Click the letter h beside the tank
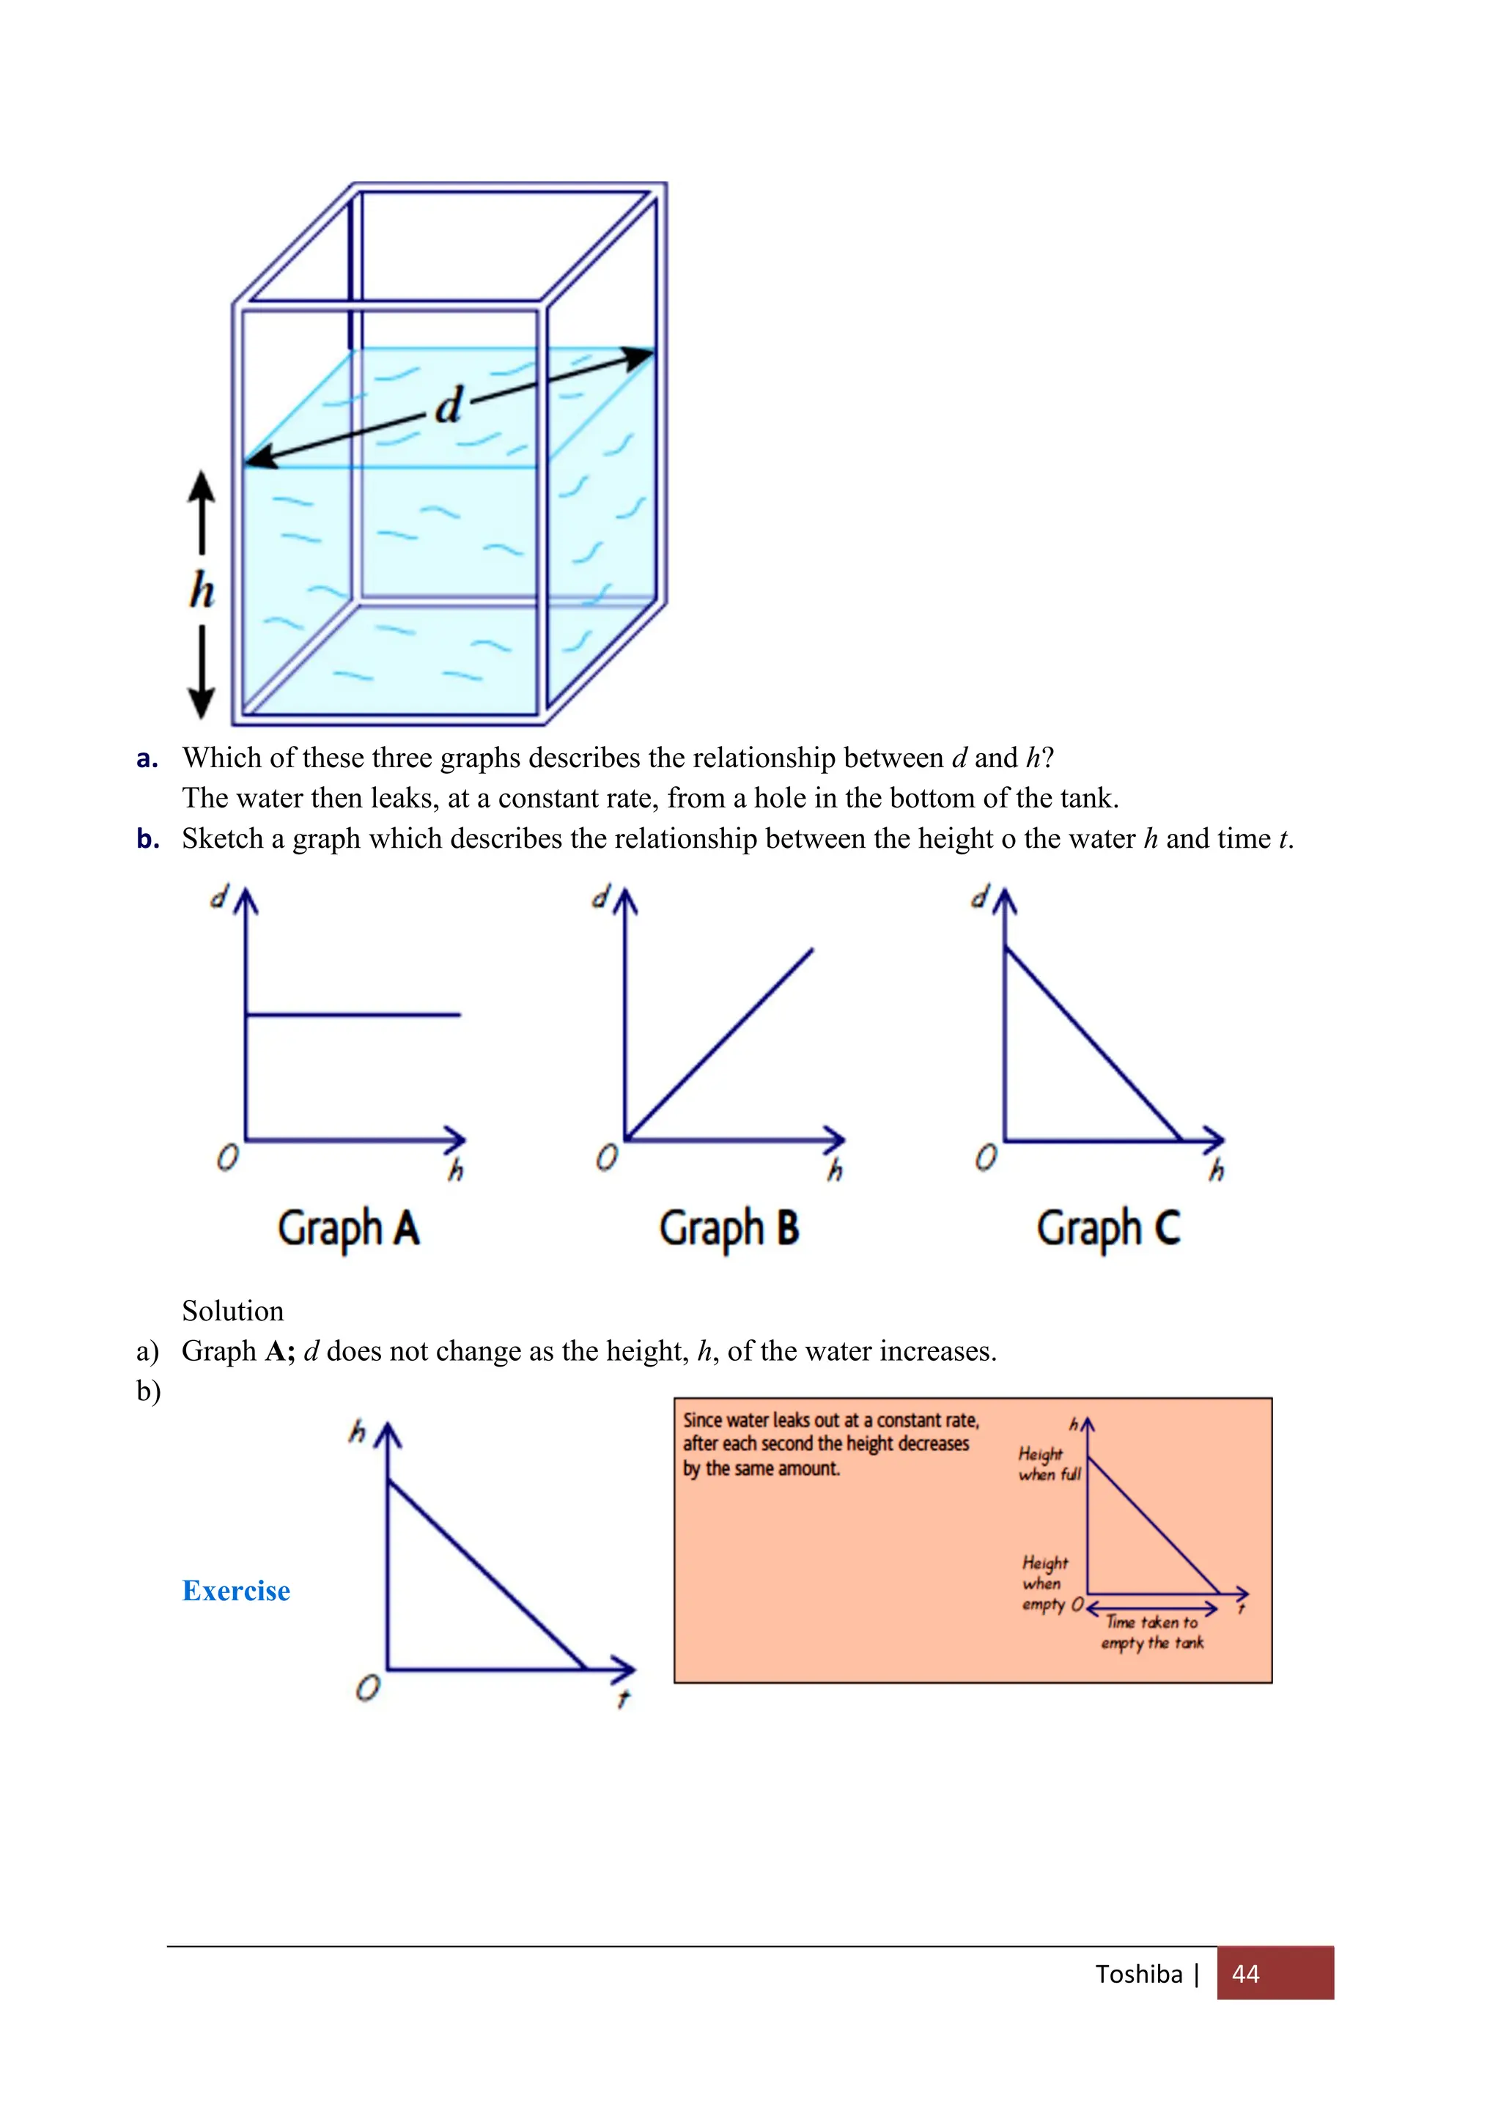coord(202,591)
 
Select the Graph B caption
coord(729,1228)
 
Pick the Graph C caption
coord(1108,1228)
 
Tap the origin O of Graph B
coord(606,1158)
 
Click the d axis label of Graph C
coord(978,895)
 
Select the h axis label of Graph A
coord(456,1171)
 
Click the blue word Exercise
coord(236,1591)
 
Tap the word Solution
coord(233,1311)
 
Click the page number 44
coord(1245,1974)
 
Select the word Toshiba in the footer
coord(1139,1974)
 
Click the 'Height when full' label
coord(1048,1464)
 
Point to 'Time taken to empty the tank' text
coord(1151,1632)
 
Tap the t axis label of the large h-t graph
coord(623,1698)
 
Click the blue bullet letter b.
coord(147,838)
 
